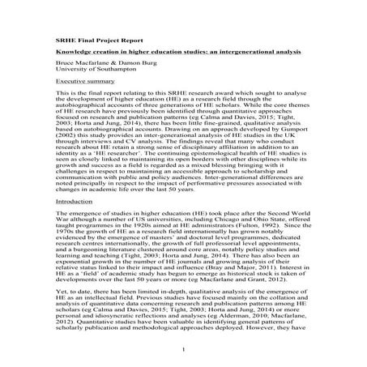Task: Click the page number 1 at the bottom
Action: pos(184,349)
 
